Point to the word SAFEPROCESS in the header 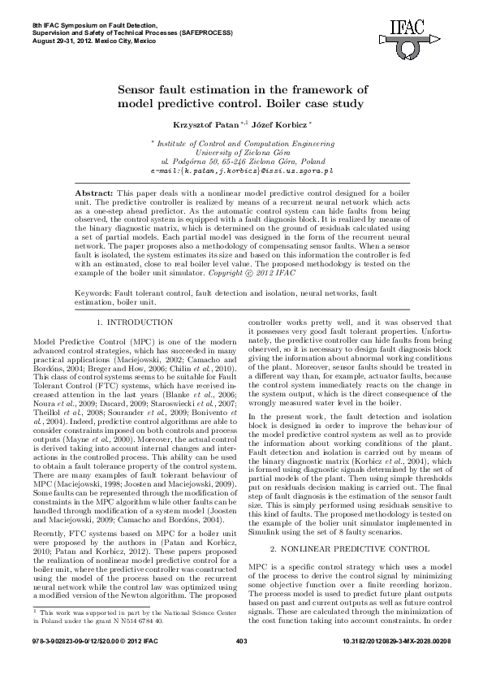point(205,32)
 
